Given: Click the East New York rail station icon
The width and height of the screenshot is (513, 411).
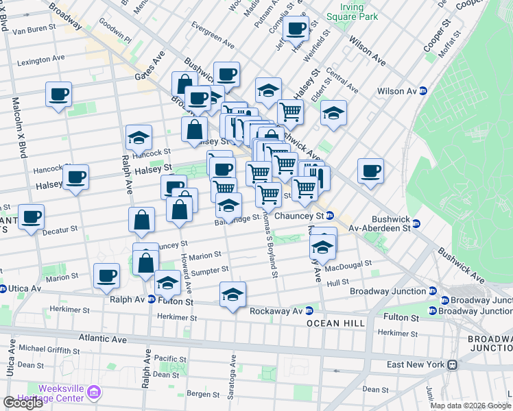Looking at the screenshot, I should tap(453, 364).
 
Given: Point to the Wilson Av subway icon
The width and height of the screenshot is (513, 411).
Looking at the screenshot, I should tap(423, 90).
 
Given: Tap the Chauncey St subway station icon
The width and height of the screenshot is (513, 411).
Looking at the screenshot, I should tap(329, 216).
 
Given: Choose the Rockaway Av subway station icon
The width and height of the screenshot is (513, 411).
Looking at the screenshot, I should tap(309, 310).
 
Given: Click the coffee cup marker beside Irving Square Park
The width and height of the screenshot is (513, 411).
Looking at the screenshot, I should tap(296, 29).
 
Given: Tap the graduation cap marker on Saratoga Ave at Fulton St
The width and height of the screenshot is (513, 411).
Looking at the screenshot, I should tap(232, 296).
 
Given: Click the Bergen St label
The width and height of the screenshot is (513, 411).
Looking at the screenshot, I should tap(204, 394).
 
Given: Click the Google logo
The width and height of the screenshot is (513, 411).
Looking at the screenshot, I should tap(23, 403).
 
